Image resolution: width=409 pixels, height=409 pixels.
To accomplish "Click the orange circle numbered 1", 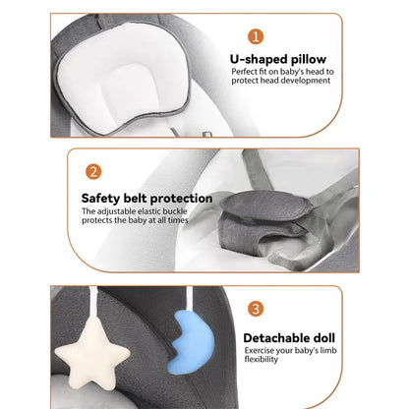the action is tap(256, 36).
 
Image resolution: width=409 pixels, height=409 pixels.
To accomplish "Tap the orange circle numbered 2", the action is tap(93, 172).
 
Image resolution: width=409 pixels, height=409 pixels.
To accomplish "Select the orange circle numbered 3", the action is tap(256, 309).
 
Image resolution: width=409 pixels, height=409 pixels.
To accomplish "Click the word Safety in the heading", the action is tap(100, 199).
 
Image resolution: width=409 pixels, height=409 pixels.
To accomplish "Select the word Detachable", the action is tap(276, 338).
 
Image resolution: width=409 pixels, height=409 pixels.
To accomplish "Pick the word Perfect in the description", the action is tap(245, 72).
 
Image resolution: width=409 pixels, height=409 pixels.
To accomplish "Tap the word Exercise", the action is tap(260, 351).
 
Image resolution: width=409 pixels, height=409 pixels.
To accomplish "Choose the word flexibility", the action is tap(262, 360).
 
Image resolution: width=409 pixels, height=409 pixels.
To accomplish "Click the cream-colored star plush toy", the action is tap(92, 353).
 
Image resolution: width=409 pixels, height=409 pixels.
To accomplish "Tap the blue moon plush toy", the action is tap(191, 342).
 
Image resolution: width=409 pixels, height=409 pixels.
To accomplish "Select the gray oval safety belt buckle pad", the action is tap(265, 206).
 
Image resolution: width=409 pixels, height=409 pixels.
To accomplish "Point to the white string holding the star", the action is tap(94, 303).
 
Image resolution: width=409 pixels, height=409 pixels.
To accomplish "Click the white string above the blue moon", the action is tap(190, 299).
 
